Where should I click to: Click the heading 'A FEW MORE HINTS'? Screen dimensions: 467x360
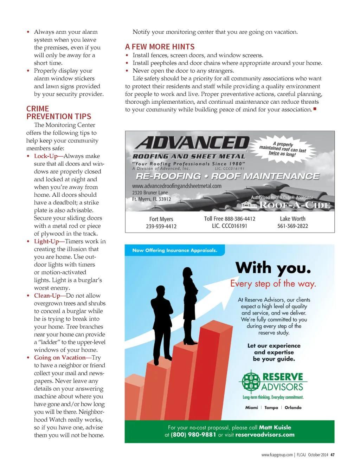160,47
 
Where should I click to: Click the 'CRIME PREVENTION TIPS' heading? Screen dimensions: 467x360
59,113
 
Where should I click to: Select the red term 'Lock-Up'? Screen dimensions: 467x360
46,156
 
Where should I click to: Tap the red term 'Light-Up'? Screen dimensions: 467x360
46,241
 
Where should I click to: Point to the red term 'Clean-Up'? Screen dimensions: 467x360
47,296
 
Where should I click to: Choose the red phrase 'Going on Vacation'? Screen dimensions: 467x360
60,357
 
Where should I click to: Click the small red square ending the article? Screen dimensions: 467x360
315,109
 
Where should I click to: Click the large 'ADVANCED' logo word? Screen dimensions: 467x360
193,143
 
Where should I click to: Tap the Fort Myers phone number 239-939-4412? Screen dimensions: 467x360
161,226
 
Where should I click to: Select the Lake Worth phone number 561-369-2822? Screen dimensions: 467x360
292,226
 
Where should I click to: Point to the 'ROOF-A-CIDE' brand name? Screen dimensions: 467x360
295,205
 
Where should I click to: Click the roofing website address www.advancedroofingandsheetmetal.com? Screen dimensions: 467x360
176,186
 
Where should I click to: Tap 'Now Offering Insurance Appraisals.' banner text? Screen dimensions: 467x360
175,250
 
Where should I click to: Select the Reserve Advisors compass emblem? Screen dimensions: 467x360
251,381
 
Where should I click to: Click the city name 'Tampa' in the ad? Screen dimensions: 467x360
271,408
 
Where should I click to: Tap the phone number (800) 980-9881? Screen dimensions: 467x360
193,435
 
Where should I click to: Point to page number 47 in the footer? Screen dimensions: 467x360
332,455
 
